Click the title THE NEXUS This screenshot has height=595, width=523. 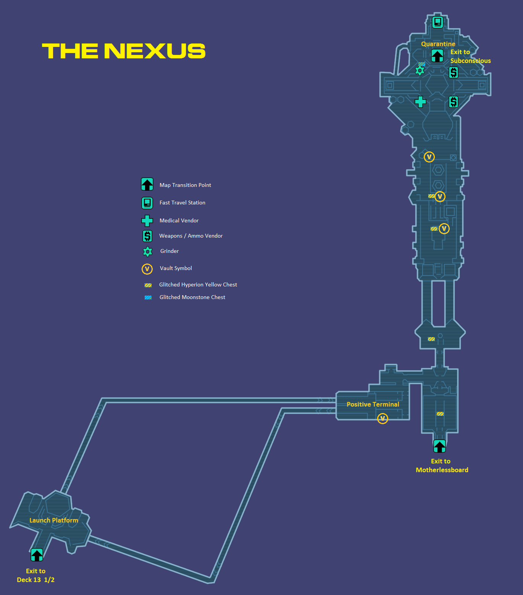click(124, 51)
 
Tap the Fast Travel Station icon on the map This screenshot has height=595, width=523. click(437, 22)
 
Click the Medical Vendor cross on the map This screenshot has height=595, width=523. click(420, 102)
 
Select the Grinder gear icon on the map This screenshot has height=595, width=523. click(420, 71)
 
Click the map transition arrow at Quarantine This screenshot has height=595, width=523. click(437, 56)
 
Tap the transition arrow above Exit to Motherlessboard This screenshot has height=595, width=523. click(439, 446)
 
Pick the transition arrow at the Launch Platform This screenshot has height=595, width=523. click(37, 555)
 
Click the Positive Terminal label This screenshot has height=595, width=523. click(373, 404)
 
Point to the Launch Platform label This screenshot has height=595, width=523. click(54, 520)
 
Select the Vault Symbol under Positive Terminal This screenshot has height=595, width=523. click(383, 418)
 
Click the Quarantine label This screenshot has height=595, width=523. click(438, 44)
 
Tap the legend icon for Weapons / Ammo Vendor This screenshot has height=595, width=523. click(147, 236)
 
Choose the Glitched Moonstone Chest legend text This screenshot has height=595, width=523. click(192, 297)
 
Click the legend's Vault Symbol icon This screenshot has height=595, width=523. click(147, 269)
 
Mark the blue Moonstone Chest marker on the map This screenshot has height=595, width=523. click(422, 64)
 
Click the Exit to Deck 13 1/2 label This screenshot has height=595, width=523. click(36, 575)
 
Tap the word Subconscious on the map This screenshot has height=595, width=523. click(470, 61)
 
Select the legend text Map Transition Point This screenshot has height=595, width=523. click(185, 185)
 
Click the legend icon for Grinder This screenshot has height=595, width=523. click(147, 251)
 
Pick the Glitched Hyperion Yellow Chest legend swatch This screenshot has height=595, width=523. click(148, 285)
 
